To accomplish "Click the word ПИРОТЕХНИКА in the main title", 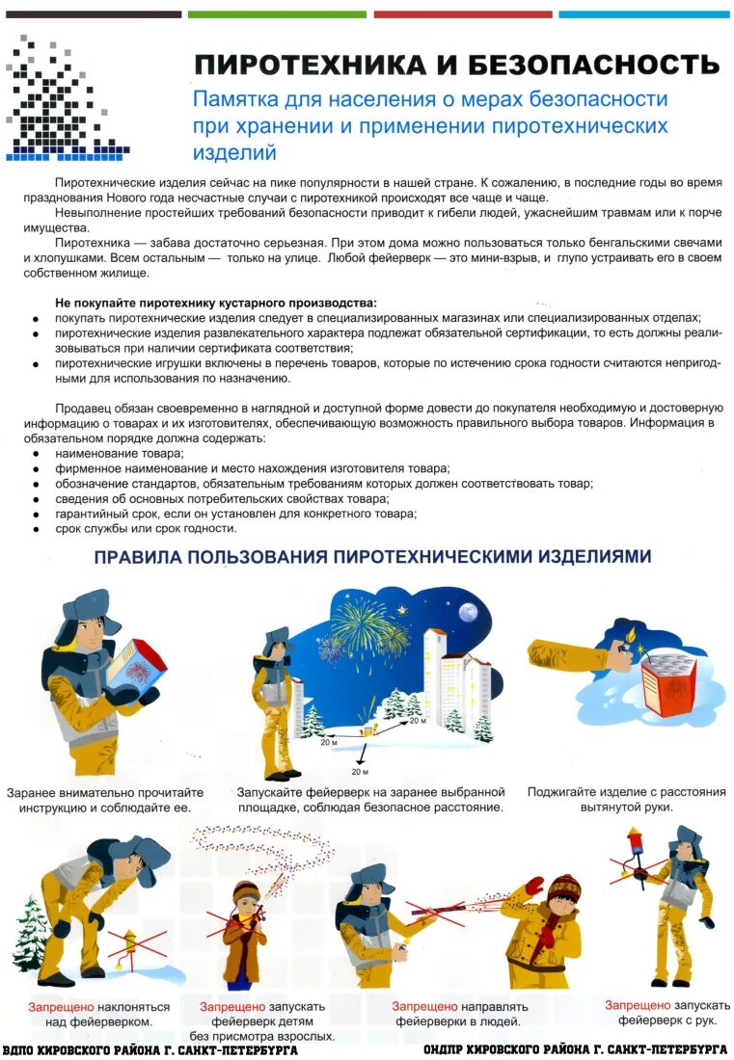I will click(310, 65).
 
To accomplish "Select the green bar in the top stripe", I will click(277, 14).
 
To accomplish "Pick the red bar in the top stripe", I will click(462, 14).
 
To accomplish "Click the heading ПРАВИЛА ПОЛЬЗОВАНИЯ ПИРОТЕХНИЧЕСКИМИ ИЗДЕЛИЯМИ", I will click(372, 557).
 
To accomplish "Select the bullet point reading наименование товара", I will click(120, 452).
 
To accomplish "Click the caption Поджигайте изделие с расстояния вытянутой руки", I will click(626, 799).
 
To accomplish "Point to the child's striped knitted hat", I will click(565, 888).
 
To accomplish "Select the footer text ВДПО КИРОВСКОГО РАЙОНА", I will click(150, 1049).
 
